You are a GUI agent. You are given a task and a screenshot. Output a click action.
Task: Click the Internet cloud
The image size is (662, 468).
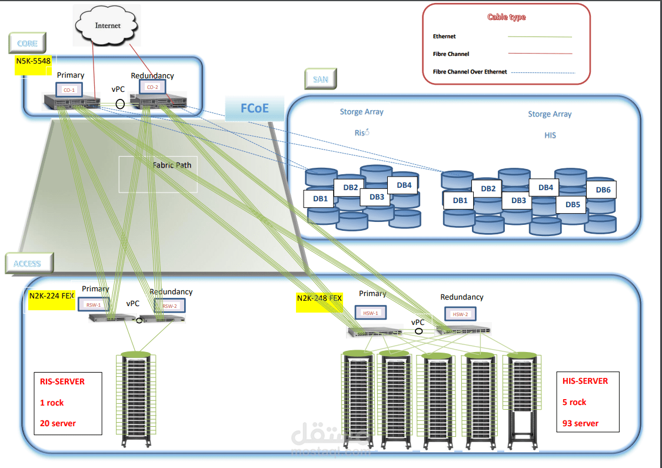coord(108,26)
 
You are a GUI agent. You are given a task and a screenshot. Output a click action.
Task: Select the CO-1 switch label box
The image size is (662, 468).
coord(69,89)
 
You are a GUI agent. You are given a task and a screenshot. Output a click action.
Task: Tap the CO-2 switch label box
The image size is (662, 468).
coord(152,87)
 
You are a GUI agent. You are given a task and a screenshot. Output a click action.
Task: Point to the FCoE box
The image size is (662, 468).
coord(254,109)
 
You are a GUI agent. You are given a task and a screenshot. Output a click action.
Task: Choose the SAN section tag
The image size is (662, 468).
coord(320,78)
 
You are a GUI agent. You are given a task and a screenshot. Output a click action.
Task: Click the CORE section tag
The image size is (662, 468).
coord(27,44)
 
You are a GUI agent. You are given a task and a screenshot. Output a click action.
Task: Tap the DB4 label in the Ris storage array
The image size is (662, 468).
coord(404,185)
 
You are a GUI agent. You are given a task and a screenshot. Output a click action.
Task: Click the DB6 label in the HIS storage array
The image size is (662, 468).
coord(603,190)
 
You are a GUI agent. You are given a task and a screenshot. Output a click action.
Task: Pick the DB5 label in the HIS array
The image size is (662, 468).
coord(573,205)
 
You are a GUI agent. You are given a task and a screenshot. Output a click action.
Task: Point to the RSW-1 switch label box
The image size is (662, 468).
coord(94,305)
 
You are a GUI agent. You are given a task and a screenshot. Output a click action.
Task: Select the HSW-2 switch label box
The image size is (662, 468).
coord(460,314)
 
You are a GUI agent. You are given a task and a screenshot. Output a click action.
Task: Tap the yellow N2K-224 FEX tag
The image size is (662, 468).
coord(51,296)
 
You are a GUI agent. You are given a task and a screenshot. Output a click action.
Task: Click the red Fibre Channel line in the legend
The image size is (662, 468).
coord(540,54)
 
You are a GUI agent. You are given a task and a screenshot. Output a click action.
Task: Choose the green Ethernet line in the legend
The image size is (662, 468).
coord(540,36)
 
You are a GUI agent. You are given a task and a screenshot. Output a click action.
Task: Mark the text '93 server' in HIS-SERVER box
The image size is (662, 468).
coord(580,423)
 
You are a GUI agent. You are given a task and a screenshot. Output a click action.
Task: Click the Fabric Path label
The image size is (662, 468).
coord(172,165)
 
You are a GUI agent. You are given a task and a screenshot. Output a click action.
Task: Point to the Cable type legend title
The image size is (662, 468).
coord(506,17)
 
